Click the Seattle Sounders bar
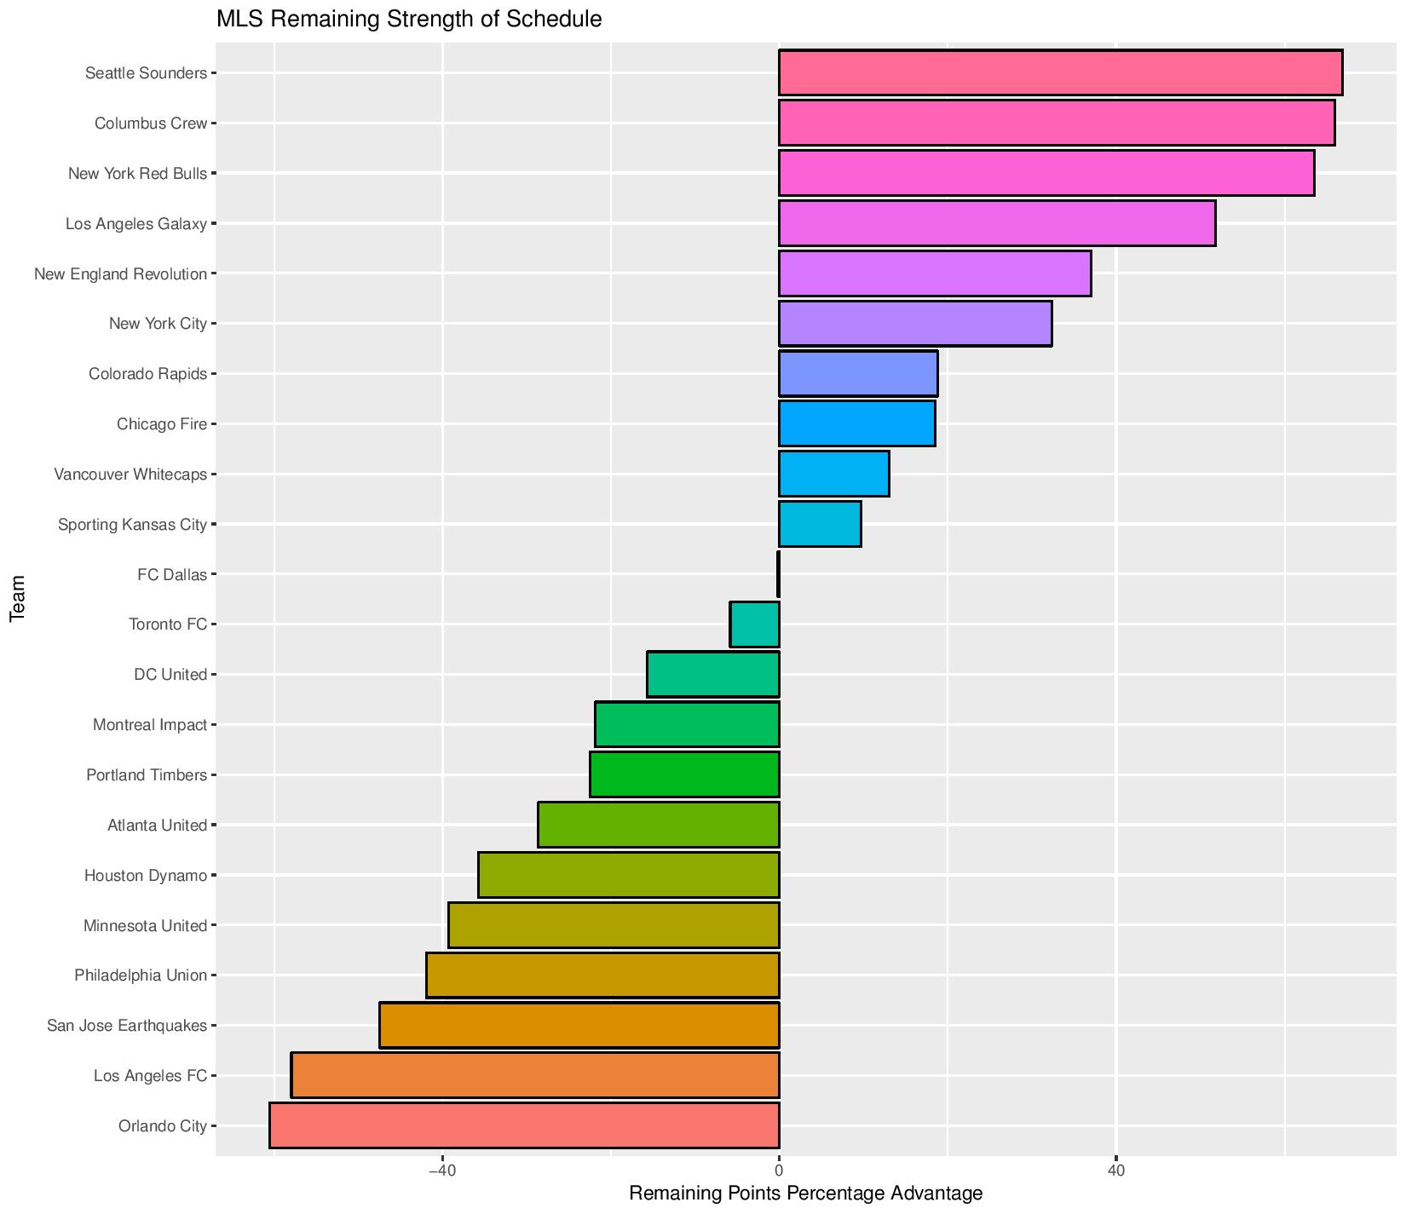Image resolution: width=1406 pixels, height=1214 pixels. coord(1060,73)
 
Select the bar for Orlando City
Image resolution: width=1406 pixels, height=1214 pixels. coord(524,1125)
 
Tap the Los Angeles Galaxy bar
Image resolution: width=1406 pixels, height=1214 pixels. coord(997,223)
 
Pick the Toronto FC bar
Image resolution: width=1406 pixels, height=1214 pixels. coord(755,624)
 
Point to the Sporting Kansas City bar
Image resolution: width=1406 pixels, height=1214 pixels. coord(820,524)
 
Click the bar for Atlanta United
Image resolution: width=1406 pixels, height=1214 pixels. coord(659,825)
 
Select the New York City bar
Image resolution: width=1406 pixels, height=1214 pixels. coord(915,324)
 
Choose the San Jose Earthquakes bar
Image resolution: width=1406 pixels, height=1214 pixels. coord(579,1025)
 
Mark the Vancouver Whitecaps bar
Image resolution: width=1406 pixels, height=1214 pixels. coord(834,474)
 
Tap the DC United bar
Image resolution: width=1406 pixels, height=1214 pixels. coord(713,675)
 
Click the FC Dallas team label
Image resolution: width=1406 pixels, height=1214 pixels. coord(172,575)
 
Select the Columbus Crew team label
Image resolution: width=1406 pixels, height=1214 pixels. coord(151,124)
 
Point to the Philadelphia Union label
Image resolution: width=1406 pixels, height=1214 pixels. coord(141,975)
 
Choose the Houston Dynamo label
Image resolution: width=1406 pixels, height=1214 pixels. coord(146,875)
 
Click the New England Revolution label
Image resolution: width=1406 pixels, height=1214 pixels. coord(120,274)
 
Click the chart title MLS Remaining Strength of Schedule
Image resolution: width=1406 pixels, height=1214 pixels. coord(409,19)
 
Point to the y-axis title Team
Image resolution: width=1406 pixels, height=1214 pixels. coord(17,599)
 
